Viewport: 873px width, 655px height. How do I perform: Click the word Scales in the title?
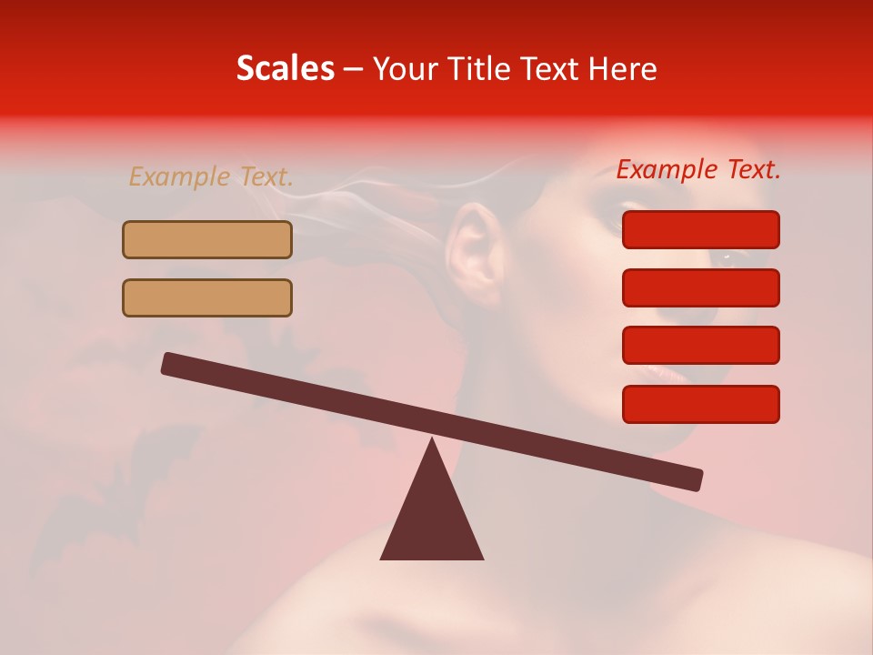[x=286, y=69]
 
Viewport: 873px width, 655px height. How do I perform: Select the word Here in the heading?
[x=622, y=69]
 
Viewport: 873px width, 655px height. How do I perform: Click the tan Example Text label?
[x=211, y=177]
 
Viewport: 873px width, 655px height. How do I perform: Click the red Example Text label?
[x=698, y=169]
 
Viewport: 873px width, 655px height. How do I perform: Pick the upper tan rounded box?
[x=207, y=239]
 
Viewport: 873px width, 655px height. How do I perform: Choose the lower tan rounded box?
[x=207, y=297]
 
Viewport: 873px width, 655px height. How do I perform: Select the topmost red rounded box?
[x=700, y=229]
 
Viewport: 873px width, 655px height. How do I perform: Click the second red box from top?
[x=700, y=287]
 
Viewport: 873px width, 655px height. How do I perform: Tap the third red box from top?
[x=700, y=346]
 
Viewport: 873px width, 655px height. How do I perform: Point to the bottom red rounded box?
[x=700, y=404]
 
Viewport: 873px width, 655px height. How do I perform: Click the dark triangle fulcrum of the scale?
[x=432, y=519]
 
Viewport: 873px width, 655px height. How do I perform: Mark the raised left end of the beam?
[x=168, y=363]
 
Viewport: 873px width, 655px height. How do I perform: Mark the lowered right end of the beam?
[x=696, y=480]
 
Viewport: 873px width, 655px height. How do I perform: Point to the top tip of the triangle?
[x=432, y=440]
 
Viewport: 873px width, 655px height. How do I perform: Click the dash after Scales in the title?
[x=353, y=69]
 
